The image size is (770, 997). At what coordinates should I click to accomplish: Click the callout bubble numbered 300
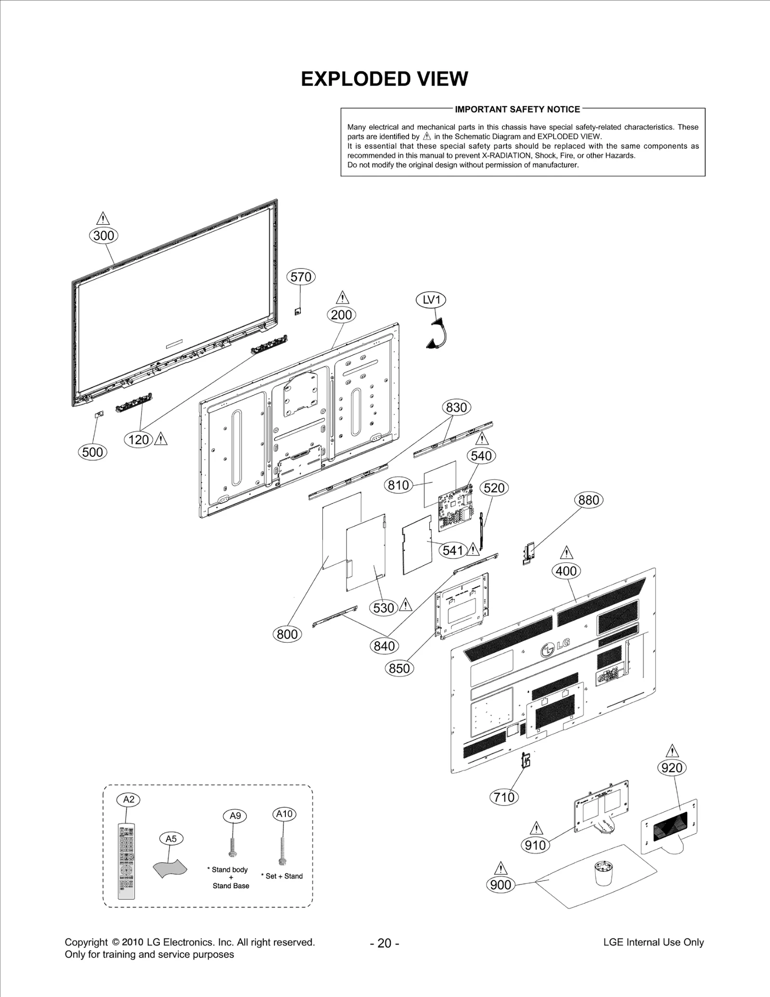(103, 235)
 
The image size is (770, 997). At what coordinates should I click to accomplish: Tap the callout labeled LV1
(431, 300)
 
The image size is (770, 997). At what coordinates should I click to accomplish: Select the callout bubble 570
(301, 277)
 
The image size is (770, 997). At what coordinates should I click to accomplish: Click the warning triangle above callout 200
(342, 298)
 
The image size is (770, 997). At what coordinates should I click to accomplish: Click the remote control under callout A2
(126, 861)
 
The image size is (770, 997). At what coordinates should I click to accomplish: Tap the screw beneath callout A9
(233, 847)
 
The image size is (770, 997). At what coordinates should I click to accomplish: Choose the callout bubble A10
(284, 814)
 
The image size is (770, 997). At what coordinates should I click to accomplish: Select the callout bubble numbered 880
(589, 500)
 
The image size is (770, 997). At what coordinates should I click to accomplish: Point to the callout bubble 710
(504, 797)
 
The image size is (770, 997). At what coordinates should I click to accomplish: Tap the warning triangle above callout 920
(672, 751)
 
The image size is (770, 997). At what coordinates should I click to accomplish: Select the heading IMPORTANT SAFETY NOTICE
(517, 109)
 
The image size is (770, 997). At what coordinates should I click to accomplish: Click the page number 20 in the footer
(384, 943)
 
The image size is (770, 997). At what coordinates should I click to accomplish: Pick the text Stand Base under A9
(231, 886)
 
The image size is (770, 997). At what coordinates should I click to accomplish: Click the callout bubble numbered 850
(399, 668)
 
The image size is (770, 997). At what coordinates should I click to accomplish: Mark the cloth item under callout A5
(169, 868)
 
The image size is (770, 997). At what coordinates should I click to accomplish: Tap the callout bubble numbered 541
(452, 550)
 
